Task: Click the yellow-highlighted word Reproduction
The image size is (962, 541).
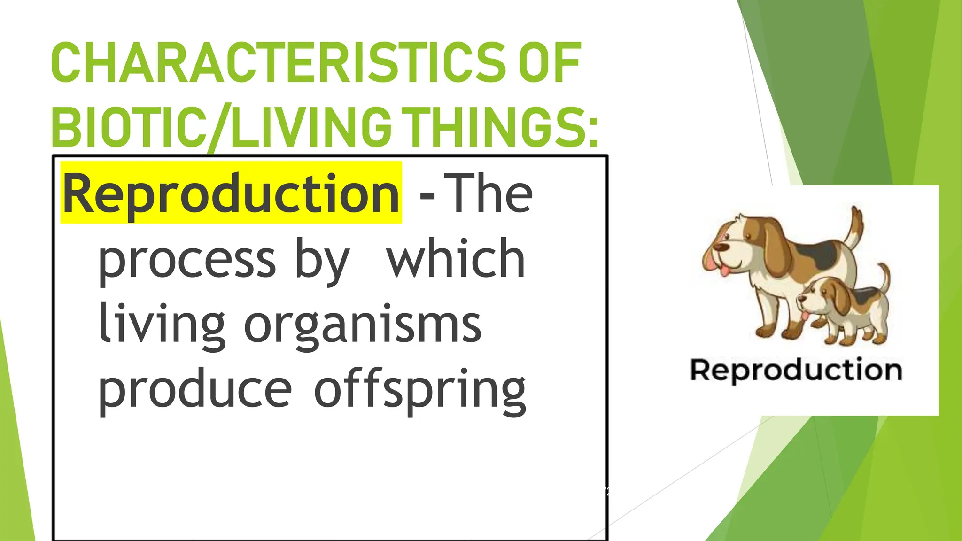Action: (x=231, y=193)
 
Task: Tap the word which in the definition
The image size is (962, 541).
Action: (x=455, y=258)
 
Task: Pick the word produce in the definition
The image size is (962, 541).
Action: (x=194, y=390)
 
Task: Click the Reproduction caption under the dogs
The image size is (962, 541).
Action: (x=796, y=370)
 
